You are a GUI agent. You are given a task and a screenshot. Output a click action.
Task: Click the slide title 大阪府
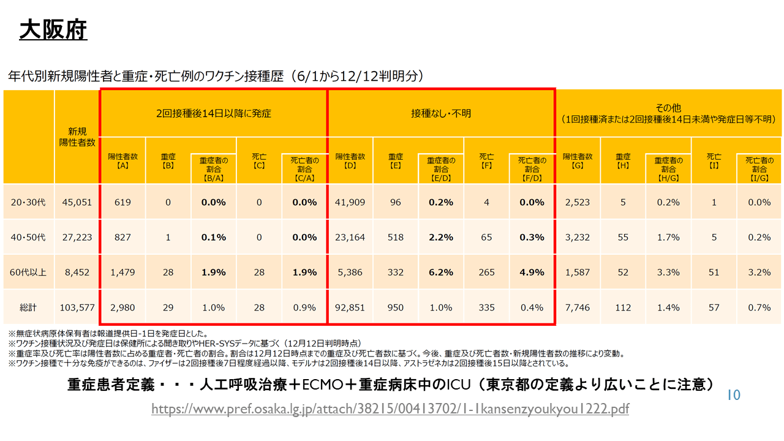tap(53, 29)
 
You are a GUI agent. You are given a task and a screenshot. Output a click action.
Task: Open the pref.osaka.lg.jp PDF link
tap(390, 409)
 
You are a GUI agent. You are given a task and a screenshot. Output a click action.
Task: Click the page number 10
tap(733, 395)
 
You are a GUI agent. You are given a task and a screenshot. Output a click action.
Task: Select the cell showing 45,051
tap(77, 202)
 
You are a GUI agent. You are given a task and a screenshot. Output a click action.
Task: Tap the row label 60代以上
tap(29, 273)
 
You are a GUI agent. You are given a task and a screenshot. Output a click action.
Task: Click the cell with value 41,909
tap(350, 202)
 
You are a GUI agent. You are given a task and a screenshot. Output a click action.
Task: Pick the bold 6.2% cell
tap(440, 273)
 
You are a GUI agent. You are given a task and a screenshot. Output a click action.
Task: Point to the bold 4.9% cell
tap(532, 273)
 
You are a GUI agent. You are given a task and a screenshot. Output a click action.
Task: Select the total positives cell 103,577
tap(77, 307)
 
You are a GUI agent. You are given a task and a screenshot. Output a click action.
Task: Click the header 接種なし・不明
tap(441, 113)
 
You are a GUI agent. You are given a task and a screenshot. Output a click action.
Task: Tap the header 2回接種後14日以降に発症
tap(213, 113)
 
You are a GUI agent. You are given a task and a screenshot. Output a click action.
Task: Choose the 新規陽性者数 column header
tap(77, 137)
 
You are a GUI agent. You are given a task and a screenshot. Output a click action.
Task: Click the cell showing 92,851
tap(350, 307)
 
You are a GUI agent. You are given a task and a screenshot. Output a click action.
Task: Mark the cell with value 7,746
tap(577, 307)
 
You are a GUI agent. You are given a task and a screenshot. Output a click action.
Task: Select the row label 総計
tap(29, 307)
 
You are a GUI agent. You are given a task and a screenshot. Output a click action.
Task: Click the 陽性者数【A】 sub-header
tap(123, 160)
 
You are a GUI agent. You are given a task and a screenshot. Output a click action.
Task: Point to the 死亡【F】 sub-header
tap(486, 160)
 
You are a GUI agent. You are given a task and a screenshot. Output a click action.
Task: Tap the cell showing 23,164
tap(350, 237)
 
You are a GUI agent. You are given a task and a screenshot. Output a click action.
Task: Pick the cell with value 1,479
tap(123, 273)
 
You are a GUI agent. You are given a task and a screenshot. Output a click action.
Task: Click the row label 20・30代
tap(29, 202)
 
